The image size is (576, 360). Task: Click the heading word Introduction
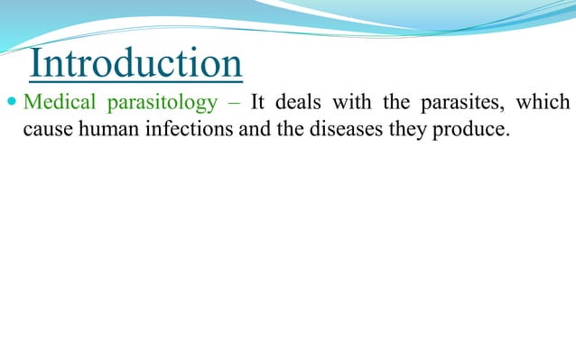click(135, 64)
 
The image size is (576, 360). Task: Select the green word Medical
click(52, 102)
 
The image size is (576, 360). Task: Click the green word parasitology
click(155, 103)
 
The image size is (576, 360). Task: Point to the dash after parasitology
click(234, 103)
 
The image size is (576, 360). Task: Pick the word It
click(257, 102)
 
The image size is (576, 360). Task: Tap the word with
click(351, 102)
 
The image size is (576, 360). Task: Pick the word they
click(399, 130)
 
